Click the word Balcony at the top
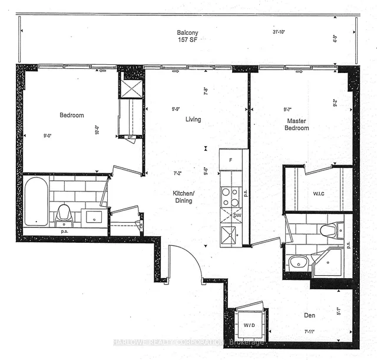(187, 32)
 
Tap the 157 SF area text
(187, 41)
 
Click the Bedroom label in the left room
(72, 115)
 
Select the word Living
(193, 120)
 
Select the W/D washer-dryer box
(249, 325)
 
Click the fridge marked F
(230, 159)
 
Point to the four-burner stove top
(230, 197)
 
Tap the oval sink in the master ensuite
(296, 263)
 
